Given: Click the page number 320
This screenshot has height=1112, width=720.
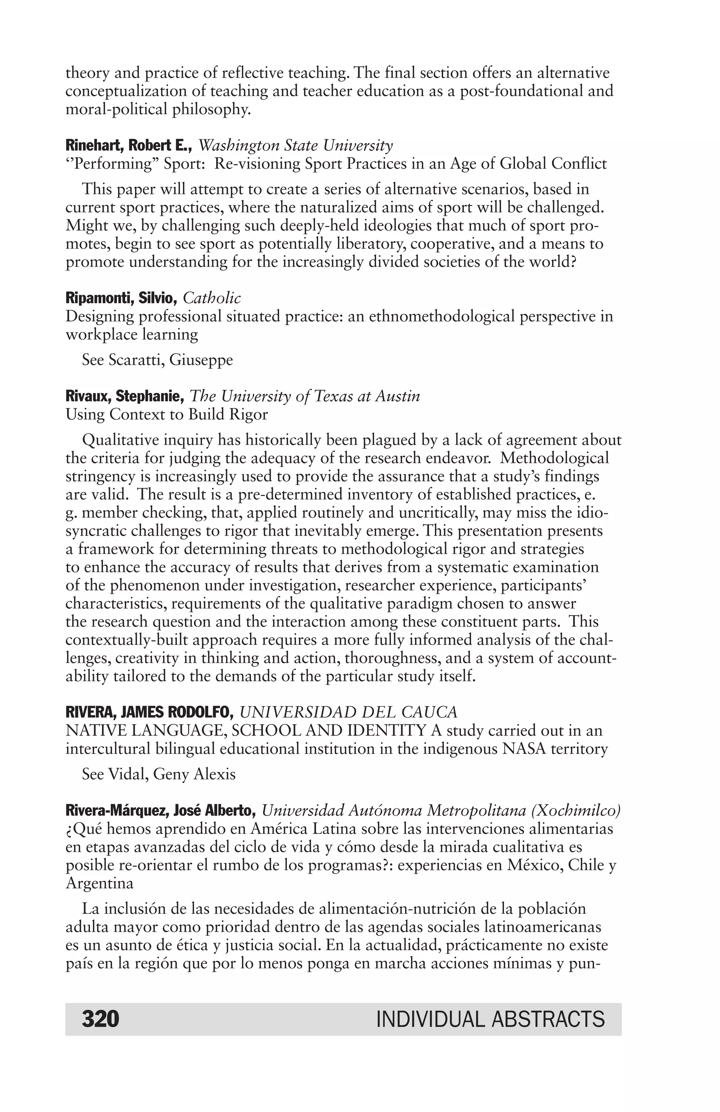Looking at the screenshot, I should coord(101,1019).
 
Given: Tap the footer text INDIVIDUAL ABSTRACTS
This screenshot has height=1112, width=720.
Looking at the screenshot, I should coord(490,1019).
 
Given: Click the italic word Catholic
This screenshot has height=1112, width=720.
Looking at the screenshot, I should coord(212,298).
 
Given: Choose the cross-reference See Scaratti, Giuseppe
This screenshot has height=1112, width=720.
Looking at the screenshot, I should coord(157,360).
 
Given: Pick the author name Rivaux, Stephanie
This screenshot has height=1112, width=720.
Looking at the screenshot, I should coord(125,396).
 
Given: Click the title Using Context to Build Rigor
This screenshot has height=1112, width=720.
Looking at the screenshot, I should coord(167,414).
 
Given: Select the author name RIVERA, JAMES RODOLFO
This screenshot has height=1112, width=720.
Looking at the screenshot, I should coord(149,712).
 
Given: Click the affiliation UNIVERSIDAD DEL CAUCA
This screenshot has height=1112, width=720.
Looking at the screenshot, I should coord(348,712).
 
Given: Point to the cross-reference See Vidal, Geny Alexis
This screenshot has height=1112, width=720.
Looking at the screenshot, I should coord(159,774).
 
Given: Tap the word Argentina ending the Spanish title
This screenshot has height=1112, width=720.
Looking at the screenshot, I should coord(99,883).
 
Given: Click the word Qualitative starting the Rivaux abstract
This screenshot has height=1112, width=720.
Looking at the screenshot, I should coord(121,440).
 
